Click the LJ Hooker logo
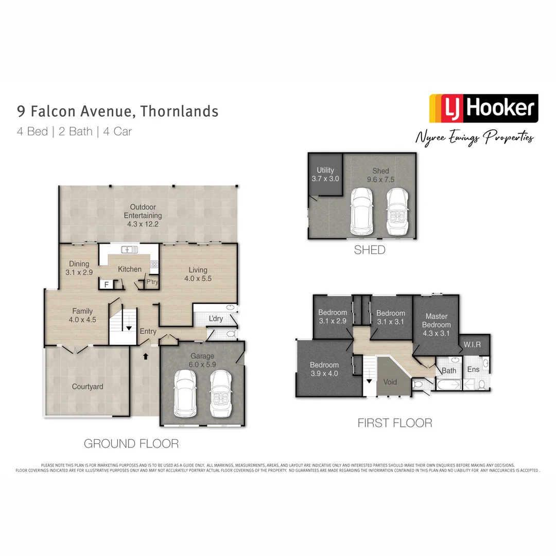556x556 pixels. click(x=483, y=108)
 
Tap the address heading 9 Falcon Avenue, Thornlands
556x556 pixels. click(x=118, y=111)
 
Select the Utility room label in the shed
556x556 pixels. click(x=325, y=174)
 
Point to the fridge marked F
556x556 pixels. click(x=107, y=284)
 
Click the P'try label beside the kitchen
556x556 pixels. click(x=152, y=282)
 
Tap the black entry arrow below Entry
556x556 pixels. click(x=146, y=355)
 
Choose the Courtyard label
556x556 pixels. click(x=88, y=387)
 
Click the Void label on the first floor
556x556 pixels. click(x=391, y=383)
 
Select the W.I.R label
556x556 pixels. click(x=472, y=344)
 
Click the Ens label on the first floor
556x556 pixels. click(x=473, y=369)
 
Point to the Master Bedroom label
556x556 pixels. click(x=436, y=320)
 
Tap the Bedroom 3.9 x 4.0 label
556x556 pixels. click(x=324, y=369)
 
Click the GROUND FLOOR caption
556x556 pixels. click(x=131, y=443)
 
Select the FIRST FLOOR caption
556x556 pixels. click(x=395, y=423)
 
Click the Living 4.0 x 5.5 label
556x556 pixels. click(x=198, y=274)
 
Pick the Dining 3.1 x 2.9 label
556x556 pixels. click(x=79, y=268)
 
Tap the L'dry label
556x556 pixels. click(x=216, y=319)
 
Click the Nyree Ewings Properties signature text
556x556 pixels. click(x=475, y=137)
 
